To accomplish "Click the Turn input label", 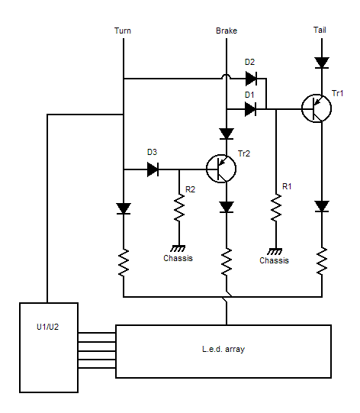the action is tap(123, 31).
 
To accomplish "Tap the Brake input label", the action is tap(227, 31).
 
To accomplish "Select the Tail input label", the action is tap(320, 30).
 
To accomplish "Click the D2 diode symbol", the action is tap(251, 79).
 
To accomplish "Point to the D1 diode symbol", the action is tap(250, 109).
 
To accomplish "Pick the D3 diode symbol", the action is tap(153, 169).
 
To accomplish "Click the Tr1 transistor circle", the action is tap(317, 108).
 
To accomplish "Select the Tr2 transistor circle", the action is tap(221, 169).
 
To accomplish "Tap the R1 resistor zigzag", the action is tap(276, 208).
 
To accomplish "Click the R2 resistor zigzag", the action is tap(179, 208).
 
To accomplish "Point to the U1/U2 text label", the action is tap(47, 327).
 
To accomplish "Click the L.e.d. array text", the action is tap(223, 350).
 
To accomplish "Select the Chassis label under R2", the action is tap(178, 258).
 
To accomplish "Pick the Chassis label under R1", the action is tap(275, 260).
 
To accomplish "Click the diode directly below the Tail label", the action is tap(322, 63).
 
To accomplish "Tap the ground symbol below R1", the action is tap(275, 251).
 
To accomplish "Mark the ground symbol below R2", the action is tap(178, 248).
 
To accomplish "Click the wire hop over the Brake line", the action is tap(227, 76).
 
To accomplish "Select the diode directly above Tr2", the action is tap(227, 134).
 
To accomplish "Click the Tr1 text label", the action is tap(337, 93).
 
